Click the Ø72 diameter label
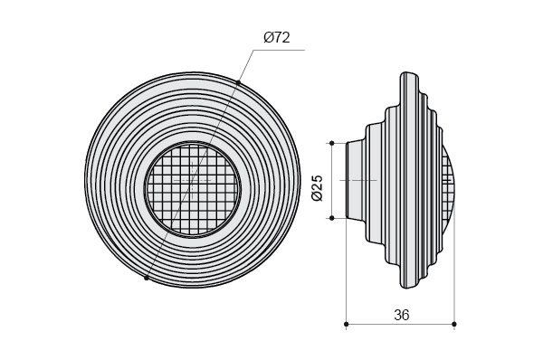[276, 37]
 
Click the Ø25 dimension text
[317, 188]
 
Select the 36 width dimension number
[401, 315]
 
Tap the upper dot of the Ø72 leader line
[238, 82]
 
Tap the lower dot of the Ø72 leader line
[147, 278]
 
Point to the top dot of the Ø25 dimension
[332, 143]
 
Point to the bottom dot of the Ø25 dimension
[332, 218]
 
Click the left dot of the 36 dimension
[347, 324]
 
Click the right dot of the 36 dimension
[454, 324]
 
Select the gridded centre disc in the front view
[193, 188]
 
